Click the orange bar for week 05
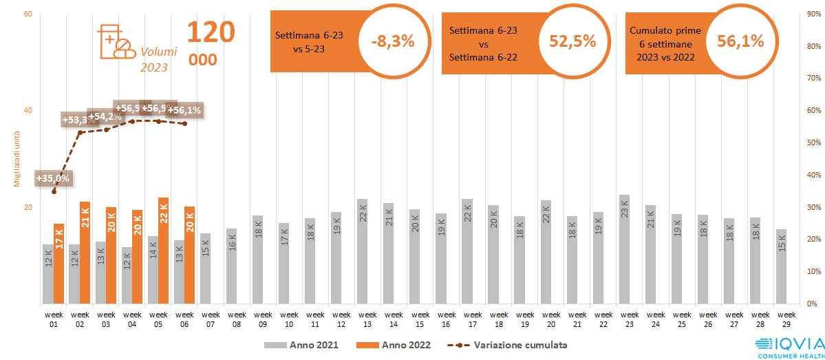coord(163,251)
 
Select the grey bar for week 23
coord(624,249)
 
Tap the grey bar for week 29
coord(781,266)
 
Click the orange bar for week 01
coord(59,264)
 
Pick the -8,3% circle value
coord(393,41)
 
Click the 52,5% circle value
coord(572,41)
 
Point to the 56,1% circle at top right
coord(740,41)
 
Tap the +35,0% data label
coord(52,178)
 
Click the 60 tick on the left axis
coord(28,14)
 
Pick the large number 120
coord(211,32)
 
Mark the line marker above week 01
coord(54,191)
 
